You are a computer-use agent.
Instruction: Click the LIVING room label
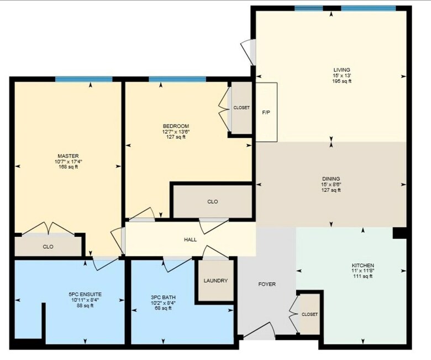coord(341,70)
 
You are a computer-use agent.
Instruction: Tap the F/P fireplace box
coord(266,112)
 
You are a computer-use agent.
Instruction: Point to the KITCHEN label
coord(363,265)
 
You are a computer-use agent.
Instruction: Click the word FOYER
coord(267,284)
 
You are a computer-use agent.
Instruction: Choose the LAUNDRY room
coord(215,280)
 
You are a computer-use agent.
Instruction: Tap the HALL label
coord(190,239)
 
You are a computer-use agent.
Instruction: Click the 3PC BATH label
coord(163,298)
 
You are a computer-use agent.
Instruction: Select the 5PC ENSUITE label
coord(85,294)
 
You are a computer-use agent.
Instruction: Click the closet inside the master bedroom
coord(48,247)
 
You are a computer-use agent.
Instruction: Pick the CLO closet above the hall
coord(213,202)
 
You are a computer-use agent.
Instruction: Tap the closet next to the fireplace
coord(241,108)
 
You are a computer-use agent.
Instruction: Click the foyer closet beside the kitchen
coord(309,314)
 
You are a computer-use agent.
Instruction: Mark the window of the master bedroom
coord(84,79)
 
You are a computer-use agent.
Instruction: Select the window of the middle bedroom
coord(177,79)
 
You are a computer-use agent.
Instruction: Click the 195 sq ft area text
coord(341,81)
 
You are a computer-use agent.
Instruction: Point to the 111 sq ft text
coord(363,276)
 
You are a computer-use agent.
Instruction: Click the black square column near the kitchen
coord(400,233)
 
